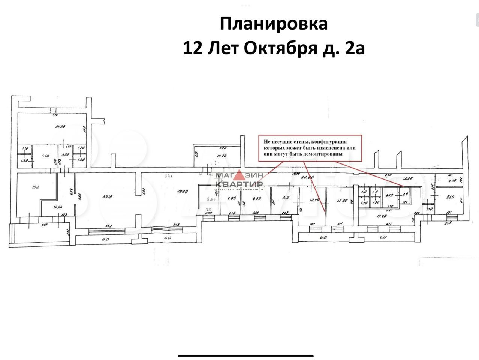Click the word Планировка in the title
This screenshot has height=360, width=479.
pyautogui.click(x=274, y=24)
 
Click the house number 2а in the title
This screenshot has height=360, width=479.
pyautogui.click(x=354, y=48)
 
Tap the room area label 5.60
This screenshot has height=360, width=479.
pyautogui.click(x=45, y=156)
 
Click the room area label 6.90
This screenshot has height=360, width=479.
pyautogui.click(x=231, y=199)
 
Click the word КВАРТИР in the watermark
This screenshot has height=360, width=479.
pyautogui.click(x=239, y=184)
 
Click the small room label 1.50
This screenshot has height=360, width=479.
pyautogui.click(x=429, y=209)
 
